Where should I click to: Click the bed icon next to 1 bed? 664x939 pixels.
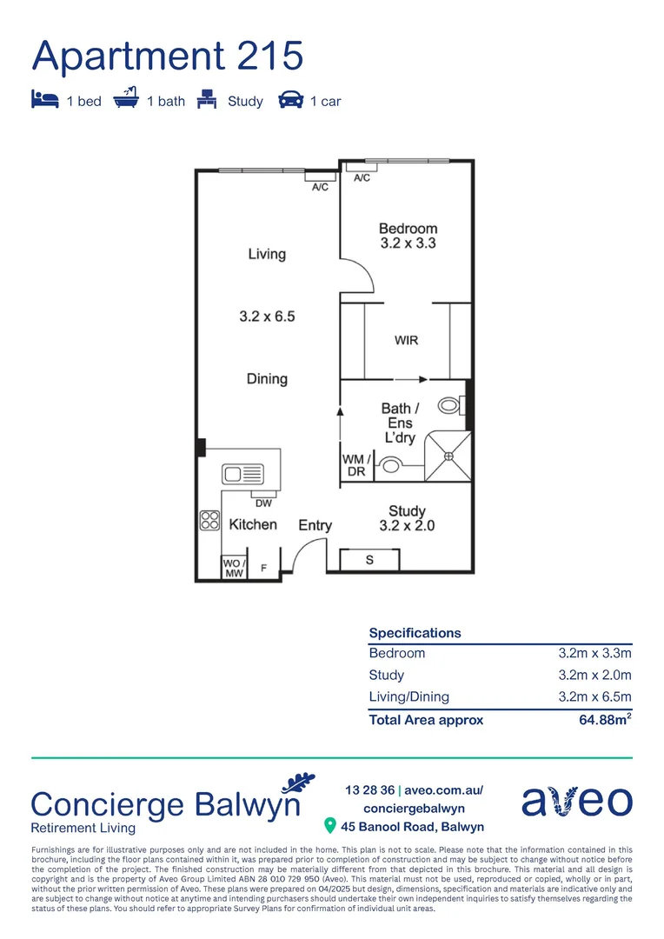[x=45, y=100]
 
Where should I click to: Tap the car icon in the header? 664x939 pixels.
[x=290, y=100]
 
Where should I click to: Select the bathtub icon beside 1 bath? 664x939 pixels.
[x=127, y=99]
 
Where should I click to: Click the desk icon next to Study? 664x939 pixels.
[x=207, y=99]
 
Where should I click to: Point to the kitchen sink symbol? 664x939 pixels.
[x=243, y=474]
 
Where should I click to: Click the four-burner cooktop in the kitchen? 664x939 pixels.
[x=209, y=520]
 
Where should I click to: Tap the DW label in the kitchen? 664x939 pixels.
[x=263, y=503]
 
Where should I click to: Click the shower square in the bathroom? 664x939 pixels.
[x=448, y=456]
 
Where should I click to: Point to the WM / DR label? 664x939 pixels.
[x=356, y=465]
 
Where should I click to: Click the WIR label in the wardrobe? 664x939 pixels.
[x=406, y=340]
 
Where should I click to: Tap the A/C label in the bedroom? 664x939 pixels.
[x=362, y=178]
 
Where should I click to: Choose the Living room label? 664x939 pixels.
[x=267, y=254]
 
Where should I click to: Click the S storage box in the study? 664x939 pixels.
[x=369, y=560]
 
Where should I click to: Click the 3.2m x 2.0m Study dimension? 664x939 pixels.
[x=594, y=675]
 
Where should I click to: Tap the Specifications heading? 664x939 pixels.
[x=415, y=633]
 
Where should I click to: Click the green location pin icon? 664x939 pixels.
[x=329, y=825]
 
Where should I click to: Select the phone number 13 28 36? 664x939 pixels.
[x=369, y=790]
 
